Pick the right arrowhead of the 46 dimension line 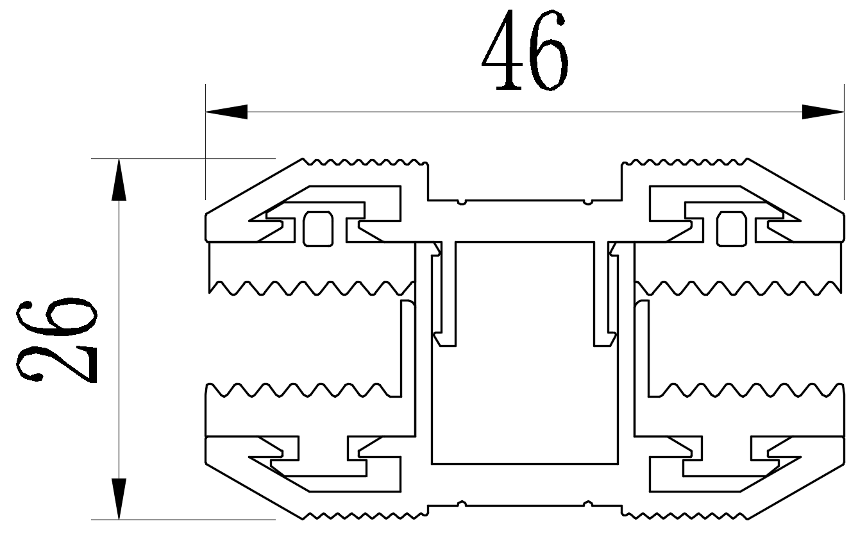pos(823,112)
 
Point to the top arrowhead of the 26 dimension pos(119,180)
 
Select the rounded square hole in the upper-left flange pos(318,228)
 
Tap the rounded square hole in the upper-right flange pos(731,228)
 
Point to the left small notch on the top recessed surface pos(462,201)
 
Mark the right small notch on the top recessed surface pos(588,201)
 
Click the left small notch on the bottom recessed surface pos(462,504)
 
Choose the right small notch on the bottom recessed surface pos(588,504)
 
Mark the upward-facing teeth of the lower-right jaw pos(744,389)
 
